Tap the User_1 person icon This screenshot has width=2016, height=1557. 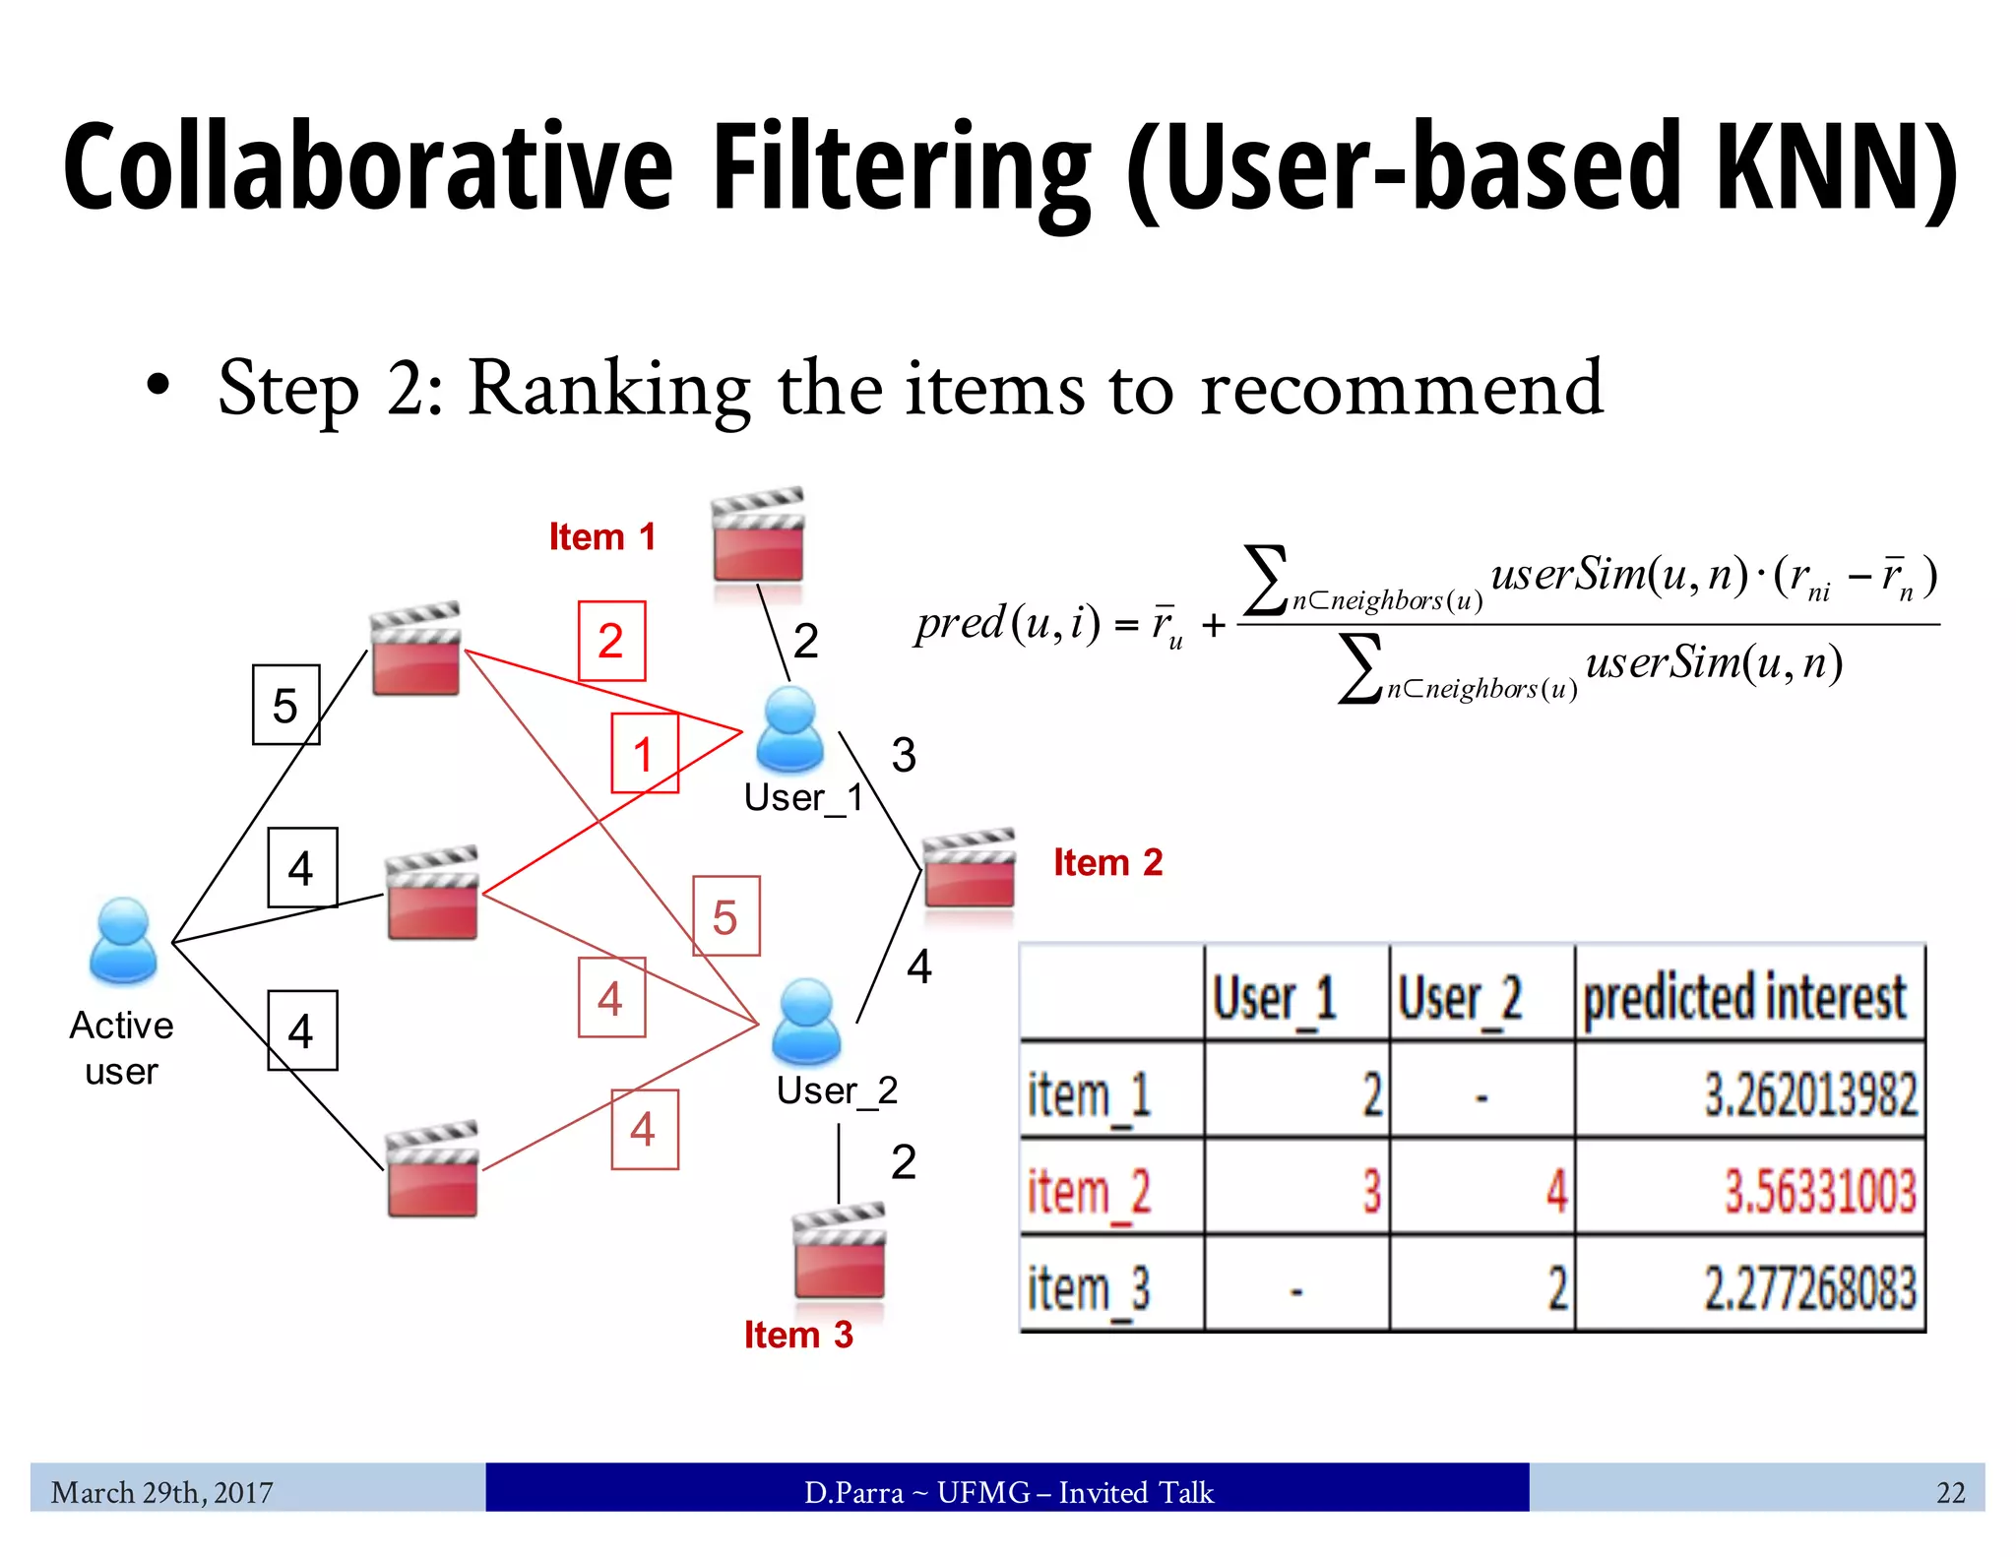pyautogui.click(x=789, y=729)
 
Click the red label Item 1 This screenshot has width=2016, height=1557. pyautogui.click(x=601, y=537)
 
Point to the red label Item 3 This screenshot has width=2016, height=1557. pyautogui.click(x=797, y=1335)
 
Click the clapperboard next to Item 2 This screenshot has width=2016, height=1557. pyautogui.click(x=969, y=869)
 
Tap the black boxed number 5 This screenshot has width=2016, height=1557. pyautogui.click(x=285, y=705)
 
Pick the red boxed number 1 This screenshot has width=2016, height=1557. pyautogui.click(x=644, y=754)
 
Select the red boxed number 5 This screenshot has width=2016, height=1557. pyautogui.click(x=725, y=916)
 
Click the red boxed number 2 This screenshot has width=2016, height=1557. pyautogui.click(x=611, y=641)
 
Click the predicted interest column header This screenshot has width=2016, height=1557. pyautogui.click(x=1744, y=996)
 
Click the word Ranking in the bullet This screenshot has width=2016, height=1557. pyautogui.click(x=608, y=389)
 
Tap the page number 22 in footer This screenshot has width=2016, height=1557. pyautogui.click(x=1950, y=1492)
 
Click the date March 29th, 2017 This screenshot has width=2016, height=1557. pyautogui.click(x=161, y=1492)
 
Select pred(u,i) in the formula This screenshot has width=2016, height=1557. pyautogui.click(x=1006, y=623)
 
